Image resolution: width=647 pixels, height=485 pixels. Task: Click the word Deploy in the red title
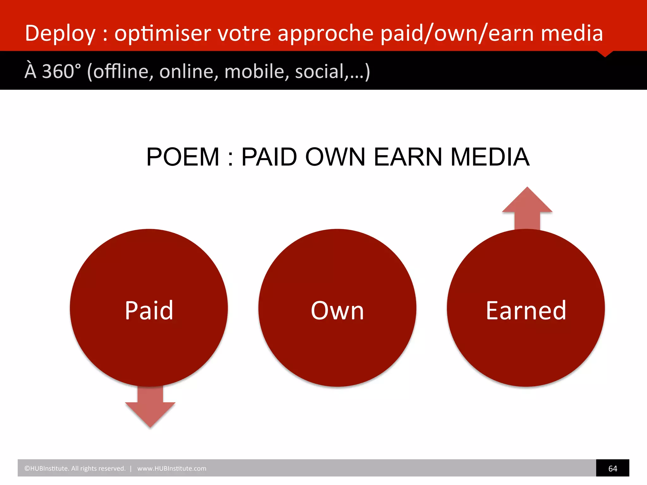tap(60, 33)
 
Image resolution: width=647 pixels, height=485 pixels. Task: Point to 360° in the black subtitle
tap(61, 71)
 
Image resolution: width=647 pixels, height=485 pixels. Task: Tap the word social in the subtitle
tap(319, 71)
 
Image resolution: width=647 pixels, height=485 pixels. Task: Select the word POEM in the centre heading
tap(183, 157)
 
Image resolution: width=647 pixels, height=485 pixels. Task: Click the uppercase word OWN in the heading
tap(335, 157)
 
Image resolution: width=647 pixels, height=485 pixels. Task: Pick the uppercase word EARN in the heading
tap(408, 157)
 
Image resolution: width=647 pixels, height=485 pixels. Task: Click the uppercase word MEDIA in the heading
tap(490, 157)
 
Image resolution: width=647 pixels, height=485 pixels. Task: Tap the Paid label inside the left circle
tap(149, 311)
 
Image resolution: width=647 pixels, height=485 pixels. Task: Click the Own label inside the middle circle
tap(337, 311)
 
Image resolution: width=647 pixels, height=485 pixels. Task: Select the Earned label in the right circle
tap(526, 311)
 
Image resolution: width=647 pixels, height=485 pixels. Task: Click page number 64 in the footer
tap(612, 469)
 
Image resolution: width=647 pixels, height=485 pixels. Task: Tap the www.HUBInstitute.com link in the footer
tap(172, 469)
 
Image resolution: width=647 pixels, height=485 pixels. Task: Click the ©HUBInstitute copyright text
tap(75, 469)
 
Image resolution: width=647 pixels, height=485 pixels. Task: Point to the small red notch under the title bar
tap(605, 54)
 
